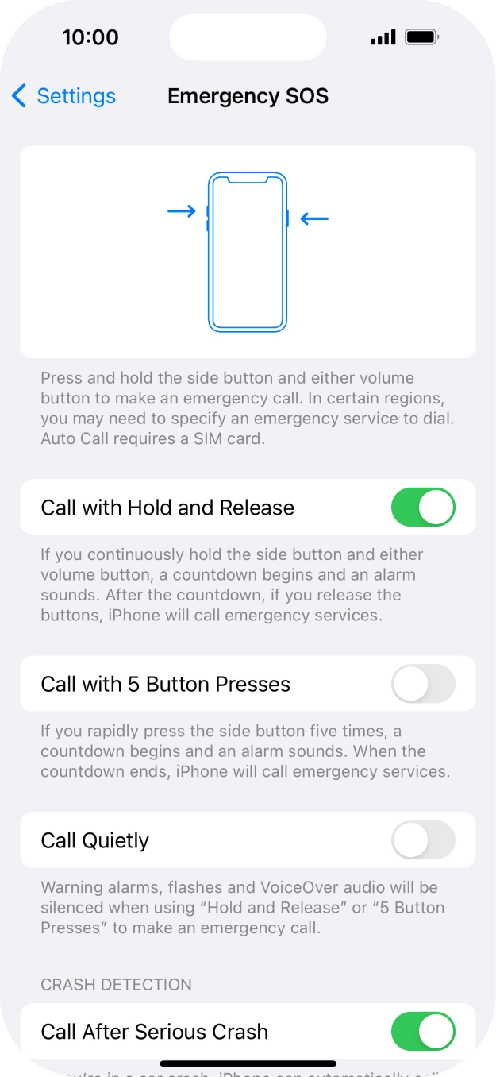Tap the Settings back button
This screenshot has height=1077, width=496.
click(64, 96)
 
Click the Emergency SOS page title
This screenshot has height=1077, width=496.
click(248, 96)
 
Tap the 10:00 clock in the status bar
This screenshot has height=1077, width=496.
click(90, 37)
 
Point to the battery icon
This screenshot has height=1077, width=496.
click(421, 37)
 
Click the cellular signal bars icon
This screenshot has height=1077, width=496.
click(383, 37)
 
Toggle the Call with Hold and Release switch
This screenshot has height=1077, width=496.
click(423, 508)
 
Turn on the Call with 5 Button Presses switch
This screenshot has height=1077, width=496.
click(423, 684)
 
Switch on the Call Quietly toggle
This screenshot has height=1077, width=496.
click(423, 840)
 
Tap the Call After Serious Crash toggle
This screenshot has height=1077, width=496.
click(423, 1032)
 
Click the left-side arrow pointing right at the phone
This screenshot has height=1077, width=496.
click(182, 211)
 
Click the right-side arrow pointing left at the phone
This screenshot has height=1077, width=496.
click(314, 218)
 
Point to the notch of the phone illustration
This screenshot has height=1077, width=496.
click(248, 180)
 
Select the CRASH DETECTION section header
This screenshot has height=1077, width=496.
click(116, 984)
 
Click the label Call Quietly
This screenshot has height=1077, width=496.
click(95, 840)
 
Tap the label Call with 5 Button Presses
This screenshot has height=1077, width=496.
click(166, 684)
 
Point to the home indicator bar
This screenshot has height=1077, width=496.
click(248, 1063)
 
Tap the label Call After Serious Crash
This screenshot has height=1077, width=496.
click(155, 1032)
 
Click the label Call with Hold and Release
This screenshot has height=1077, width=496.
click(167, 508)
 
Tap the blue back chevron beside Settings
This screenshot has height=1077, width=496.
click(19, 96)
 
